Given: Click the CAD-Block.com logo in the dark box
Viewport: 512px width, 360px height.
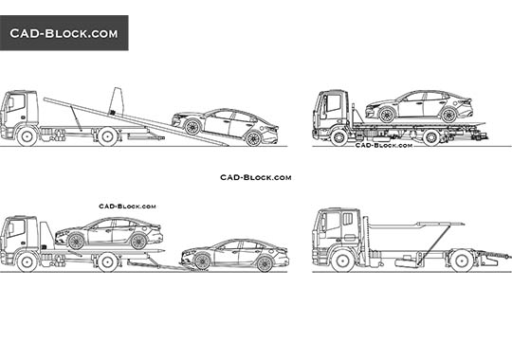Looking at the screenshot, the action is pos(64,33).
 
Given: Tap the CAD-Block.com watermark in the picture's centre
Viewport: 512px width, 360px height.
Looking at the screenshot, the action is pos(255,177).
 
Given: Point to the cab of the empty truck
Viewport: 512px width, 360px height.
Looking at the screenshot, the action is pos(336,233).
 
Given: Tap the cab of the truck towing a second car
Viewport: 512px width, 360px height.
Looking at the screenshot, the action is pos(20,237).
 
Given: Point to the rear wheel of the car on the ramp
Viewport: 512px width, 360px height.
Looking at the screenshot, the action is pos(253,138).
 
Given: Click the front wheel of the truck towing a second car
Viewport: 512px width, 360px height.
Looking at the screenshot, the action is pos(28,262).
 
